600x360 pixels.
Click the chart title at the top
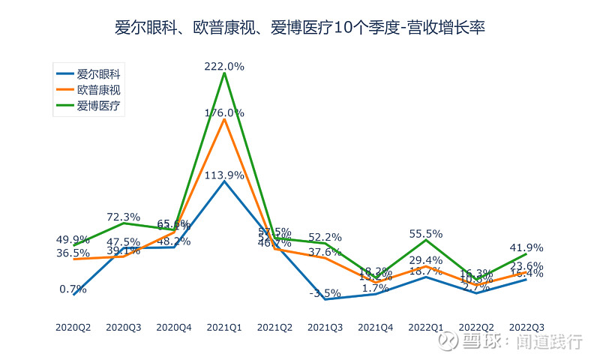(300, 28)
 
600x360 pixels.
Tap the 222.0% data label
(224, 66)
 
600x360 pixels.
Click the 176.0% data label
(224, 112)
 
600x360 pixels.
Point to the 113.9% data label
(224, 175)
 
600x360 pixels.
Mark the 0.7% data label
(73, 289)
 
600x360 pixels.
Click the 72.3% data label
(123, 217)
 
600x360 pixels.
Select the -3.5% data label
(325, 292)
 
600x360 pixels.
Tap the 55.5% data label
(425, 233)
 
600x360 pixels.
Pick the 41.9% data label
(526, 247)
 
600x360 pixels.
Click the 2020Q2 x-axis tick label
(73, 327)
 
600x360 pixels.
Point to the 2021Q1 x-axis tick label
(224, 327)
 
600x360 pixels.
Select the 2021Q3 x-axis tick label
(325, 327)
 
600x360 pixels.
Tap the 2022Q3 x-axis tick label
(526, 327)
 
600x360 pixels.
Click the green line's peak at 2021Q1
(224, 73)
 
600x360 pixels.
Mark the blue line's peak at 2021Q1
(224, 181)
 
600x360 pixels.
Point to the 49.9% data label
(73, 239)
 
